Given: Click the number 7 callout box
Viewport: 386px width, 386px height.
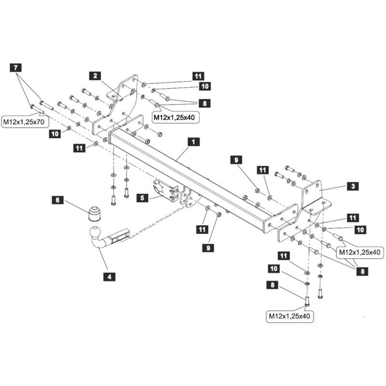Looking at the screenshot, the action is pyautogui.click(x=15, y=67).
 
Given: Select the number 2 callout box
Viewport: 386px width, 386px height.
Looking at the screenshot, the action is pyautogui.click(x=95, y=76).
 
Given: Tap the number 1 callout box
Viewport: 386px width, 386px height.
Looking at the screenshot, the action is pyautogui.click(x=193, y=142).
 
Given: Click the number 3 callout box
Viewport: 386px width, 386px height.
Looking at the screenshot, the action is pyautogui.click(x=353, y=186).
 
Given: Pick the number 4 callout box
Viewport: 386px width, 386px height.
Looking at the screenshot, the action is pyautogui.click(x=109, y=277).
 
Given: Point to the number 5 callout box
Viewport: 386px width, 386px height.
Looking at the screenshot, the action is pyautogui.click(x=142, y=198).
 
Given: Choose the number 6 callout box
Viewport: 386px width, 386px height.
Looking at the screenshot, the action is pyautogui.click(x=58, y=200).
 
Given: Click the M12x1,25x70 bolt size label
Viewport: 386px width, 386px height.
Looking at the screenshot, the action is pyautogui.click(x=24, y=122).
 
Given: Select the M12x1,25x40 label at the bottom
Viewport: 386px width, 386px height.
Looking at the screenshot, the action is pyautogui.click(x=290, y=316).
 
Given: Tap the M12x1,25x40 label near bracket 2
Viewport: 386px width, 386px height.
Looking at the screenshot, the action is pyautogui.click(x=174, y=117).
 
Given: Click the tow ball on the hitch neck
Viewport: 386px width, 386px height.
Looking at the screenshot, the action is pyautogui.click(x=95, y=232).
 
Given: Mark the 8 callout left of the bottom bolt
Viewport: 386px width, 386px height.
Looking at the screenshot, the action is pyautogui.click(x=272, y=285).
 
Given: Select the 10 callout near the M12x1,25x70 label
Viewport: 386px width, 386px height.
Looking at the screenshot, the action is pyautogui.click(x=55, y=134).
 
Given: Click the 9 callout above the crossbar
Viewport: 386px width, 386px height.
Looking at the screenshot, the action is pyautogui.click(x=236, y=160).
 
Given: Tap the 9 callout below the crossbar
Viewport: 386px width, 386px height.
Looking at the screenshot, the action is pyautogui.click(x=208, y=248).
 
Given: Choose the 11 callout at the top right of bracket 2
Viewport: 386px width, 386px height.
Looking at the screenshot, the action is pyautogui.click(x=198, y=76).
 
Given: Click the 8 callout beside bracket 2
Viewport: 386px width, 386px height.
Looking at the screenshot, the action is pyautogui.click(x=204, y=103).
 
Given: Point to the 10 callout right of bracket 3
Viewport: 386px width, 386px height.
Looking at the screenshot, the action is pyautogui.click(x=360, y=230).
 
